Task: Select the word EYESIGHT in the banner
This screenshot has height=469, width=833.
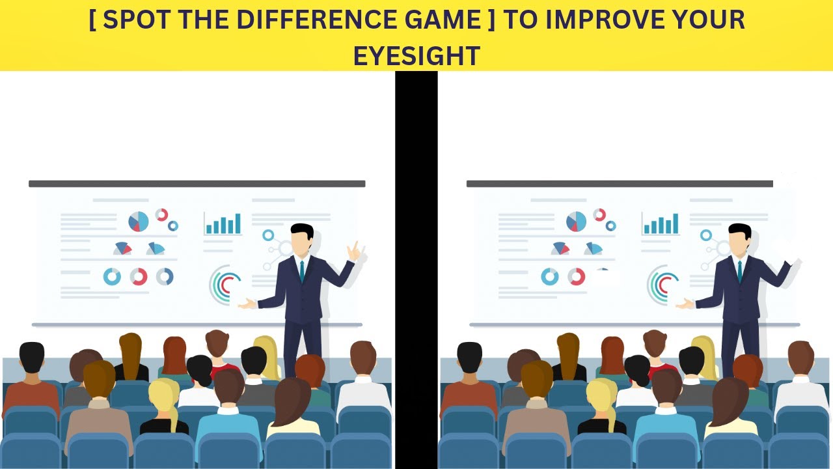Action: (x=416, y=56)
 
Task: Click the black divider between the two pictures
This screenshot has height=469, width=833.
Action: (x=416, y=261)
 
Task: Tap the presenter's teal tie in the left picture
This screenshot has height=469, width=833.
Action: (x=302, y=271)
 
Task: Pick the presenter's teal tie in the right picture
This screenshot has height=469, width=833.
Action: (x=740, y=271)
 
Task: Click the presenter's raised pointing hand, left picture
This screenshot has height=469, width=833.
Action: (x=353, y=251)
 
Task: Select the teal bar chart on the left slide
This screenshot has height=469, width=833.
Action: (x=223, y=223)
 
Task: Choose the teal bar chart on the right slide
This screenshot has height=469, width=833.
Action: (x=661, y=223)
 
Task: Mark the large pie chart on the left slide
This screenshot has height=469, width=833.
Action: (x=138, y=222)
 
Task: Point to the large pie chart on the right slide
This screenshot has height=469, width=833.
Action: (x=576, y=222)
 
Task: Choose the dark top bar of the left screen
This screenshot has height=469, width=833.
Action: (x=197, y=184)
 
